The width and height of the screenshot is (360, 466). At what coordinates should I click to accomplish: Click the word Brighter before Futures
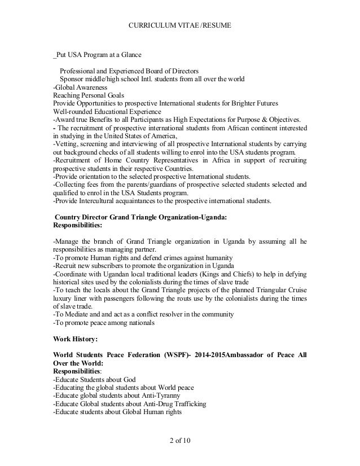click(x=234, y=103)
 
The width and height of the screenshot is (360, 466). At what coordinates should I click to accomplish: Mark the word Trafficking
click(x=183, y=404)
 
